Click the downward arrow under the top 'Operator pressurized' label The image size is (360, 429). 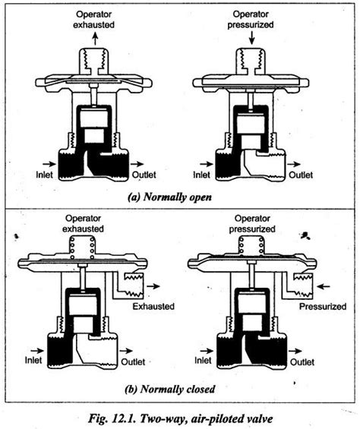241,37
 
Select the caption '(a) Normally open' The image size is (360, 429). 169,194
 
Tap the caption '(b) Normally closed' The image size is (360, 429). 169,390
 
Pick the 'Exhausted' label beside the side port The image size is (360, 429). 153,307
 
